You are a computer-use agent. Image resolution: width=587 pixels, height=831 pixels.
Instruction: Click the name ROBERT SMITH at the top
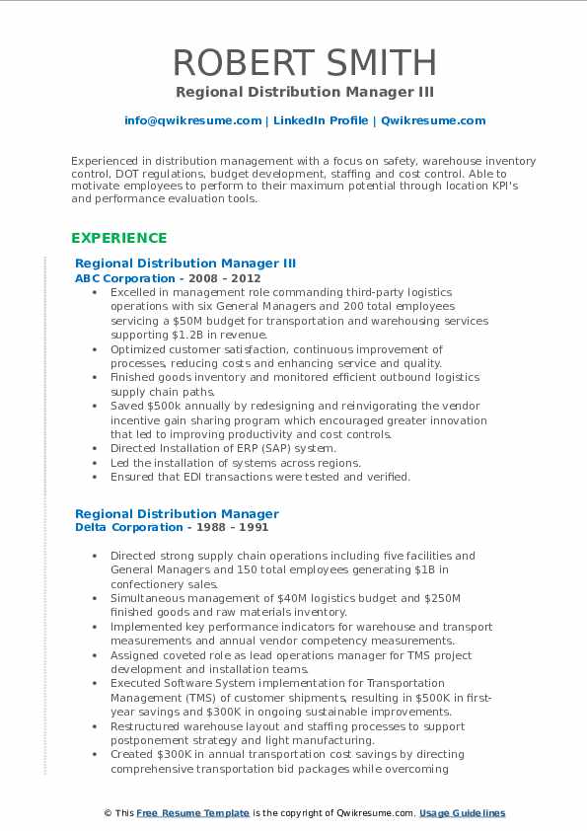point(304,62)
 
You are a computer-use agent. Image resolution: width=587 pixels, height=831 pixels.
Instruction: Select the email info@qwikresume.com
point(192,120)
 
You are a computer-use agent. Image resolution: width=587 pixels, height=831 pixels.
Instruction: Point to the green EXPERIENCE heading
point(118,238)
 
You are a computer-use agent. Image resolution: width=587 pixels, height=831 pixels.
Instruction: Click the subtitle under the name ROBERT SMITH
point(304,92)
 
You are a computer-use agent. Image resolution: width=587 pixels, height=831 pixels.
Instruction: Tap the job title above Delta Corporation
point(177,513)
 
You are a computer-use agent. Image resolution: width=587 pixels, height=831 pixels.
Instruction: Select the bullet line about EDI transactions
point(260,477)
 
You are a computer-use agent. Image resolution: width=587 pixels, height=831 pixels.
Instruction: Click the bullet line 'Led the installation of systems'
point(236,463)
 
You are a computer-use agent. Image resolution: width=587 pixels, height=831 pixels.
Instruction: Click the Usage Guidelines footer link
point(462,813)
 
